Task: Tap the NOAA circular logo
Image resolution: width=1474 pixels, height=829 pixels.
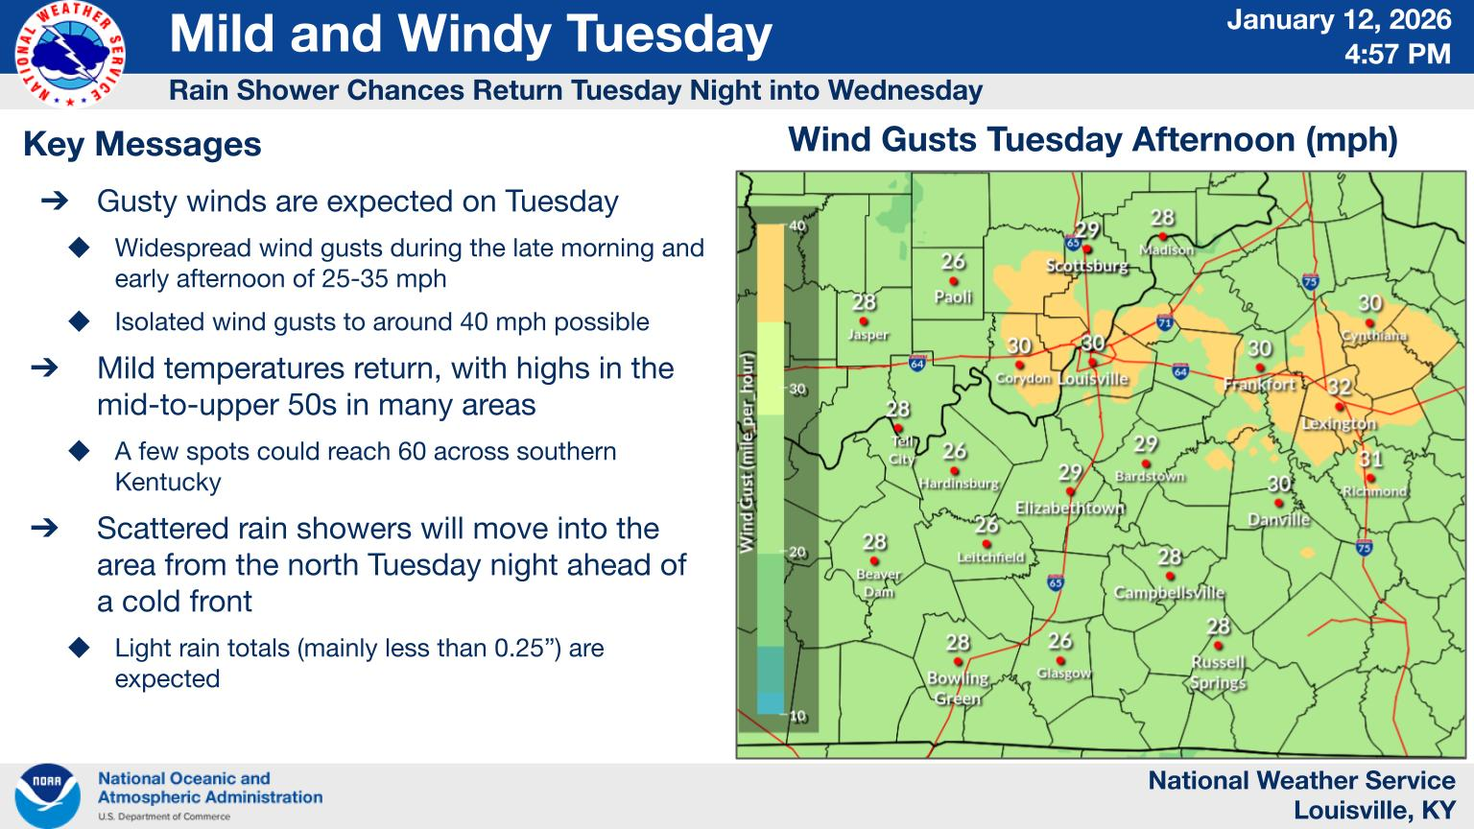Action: pyautogui.click(x=47, y=795)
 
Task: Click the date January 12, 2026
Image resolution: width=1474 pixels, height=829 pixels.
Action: pyautogui.click(x=1339, y=20)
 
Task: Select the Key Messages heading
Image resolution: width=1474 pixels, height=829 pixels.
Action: pyautogui.click(x=142, y=145)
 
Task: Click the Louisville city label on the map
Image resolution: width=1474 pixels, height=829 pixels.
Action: pyautogui.click(x=1092, y=379)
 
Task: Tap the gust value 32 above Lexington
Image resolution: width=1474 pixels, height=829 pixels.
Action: pyautogui.click(x=1339, y=387)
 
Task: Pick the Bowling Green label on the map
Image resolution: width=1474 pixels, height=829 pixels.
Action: pyautogui.click(x=958, y=688)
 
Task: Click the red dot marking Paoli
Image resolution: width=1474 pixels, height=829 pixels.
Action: pyautogui.click(x=953, y=281)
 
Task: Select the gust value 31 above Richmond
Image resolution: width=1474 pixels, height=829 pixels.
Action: pyautogui.click(x=1370, y=460)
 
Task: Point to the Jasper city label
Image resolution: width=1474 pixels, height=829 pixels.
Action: pyautogui.click(x=868, y=335)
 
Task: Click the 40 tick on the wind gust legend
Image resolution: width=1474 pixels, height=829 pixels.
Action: pyautogui.click(x=796, y=225)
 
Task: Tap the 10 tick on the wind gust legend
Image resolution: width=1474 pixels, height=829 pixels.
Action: pyautogui.click(x=796, y=716)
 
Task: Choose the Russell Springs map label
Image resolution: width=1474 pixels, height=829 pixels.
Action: pyautogui.click(x=1218, y=672)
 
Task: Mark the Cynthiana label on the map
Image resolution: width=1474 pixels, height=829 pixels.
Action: pyautogui.click(x=1373, y=336)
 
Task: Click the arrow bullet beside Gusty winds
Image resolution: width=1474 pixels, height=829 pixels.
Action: pyautogui.click(x=55, y=201)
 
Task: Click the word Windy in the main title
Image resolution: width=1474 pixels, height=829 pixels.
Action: pyautogui.click(x=476, y=35)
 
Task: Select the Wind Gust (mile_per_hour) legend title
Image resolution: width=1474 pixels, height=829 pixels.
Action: pyautogui.click(x=747, y=451)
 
